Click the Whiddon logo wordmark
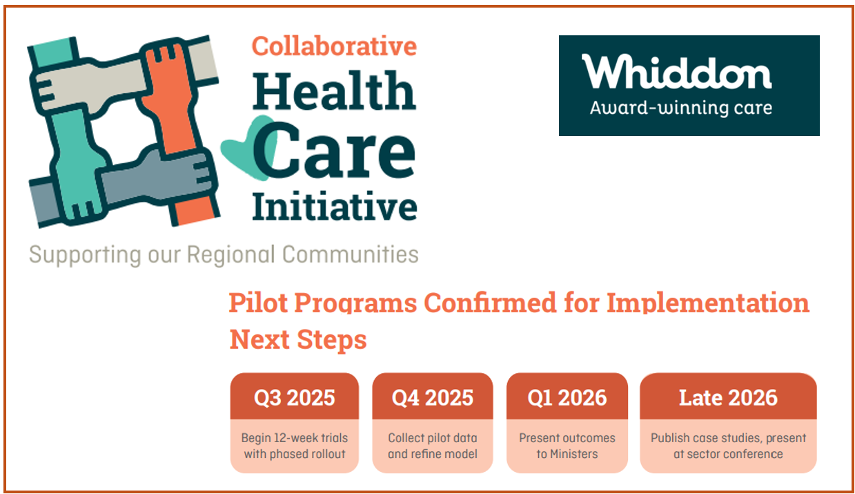click(676, 72)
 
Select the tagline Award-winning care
click(680, 108)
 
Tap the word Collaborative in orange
click(334, 46)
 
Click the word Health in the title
click(334, 91)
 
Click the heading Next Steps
click(297, 340)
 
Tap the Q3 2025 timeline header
click(295, 397)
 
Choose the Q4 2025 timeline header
click(433, 397)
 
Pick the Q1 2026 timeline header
click(567, 397)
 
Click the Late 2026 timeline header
click(728, 397)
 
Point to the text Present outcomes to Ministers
click(567, 446)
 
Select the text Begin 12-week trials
click(295, 438)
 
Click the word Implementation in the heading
click(707, 303)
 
